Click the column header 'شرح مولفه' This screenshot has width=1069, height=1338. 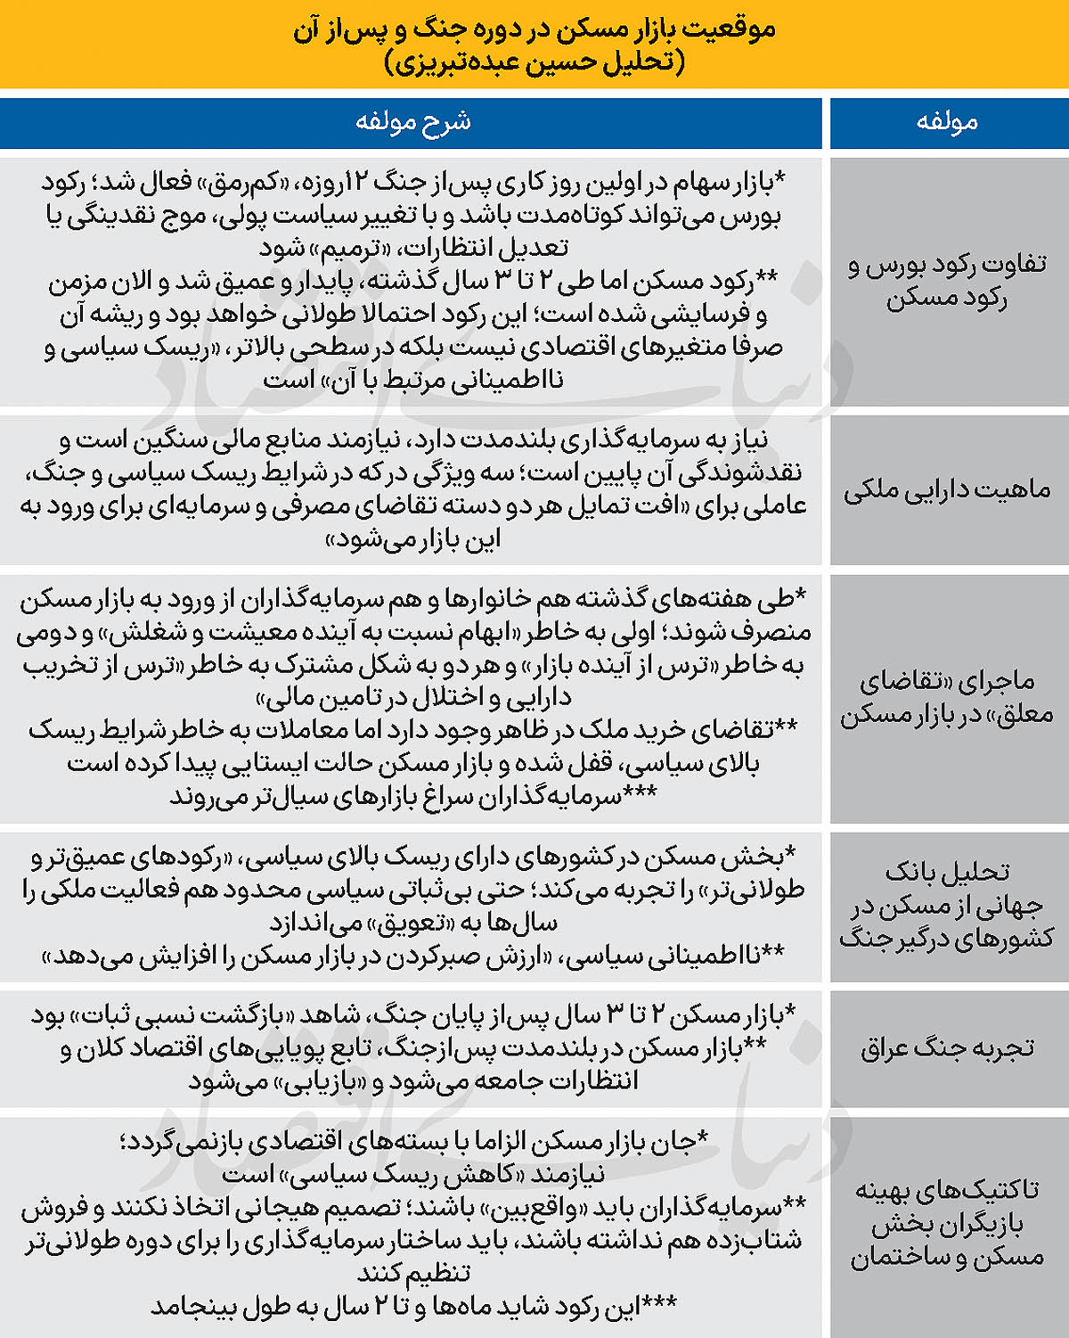[x=412, y=122]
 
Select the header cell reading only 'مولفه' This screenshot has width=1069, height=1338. [x=947, y=122]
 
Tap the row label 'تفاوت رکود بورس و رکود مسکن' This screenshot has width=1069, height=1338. [x=947, y=281]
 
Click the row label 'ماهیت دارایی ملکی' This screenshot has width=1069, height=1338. [x=947, y=489]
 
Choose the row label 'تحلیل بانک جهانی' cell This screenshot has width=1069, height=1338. [x=947, y=905]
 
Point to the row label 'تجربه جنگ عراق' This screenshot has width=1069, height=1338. [x=947, y=1047]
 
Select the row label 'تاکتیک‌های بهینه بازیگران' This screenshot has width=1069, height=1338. [x=947, y=1223]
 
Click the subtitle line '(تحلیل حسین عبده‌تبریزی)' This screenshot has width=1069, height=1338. [x=534, y=63]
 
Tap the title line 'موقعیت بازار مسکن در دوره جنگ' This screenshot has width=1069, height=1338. [x=534, y=29]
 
